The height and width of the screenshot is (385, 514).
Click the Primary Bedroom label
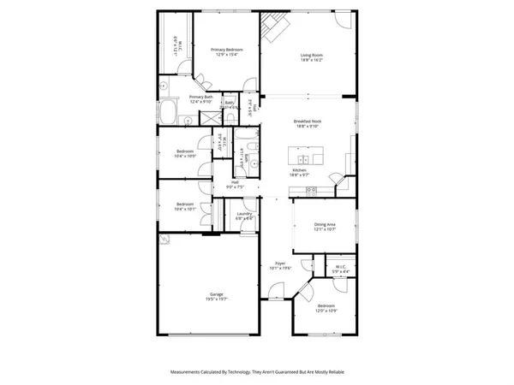click(x=227, y=50)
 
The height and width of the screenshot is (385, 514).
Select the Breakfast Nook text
click(x=310, y=121)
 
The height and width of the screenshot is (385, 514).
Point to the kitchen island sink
click(x=304, y=159)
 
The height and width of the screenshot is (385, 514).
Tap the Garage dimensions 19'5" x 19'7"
click(x=216, y=299)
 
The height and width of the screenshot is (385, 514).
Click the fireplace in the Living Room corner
click(x=276, y=26)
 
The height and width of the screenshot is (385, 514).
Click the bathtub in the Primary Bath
click(x=169, y=111)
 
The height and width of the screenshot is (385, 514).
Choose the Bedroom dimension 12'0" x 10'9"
click(x=326, y=311)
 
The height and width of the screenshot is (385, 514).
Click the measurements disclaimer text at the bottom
click(x=257, y=372)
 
